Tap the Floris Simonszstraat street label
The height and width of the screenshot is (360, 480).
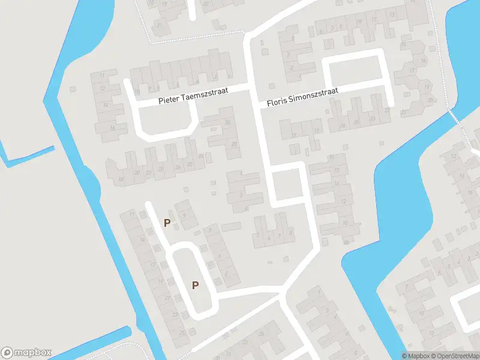click(x=302, y=97)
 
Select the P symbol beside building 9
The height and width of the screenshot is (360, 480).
click(x=167, y=223)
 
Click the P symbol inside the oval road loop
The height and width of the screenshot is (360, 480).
click(x=195, y=285)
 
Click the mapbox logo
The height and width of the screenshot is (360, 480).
click(x=26, y=353)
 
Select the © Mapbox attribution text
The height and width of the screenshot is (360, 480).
click(x=416, y=356)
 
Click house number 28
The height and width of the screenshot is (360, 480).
click(x=233, y=145)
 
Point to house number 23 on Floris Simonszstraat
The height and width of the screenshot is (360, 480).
click(x=373, y=119)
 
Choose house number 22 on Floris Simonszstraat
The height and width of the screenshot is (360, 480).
click(x=388, y=110)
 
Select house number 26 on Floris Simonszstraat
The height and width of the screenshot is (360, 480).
click(x=342, y=125)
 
